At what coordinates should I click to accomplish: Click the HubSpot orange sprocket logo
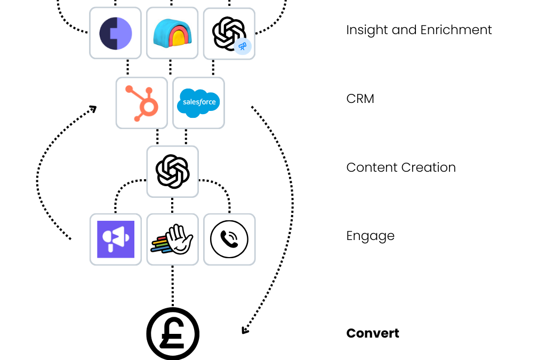pyautogui.click(x=141, y=103)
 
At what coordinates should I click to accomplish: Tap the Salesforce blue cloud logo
pyautogui.click(x=198, y=102)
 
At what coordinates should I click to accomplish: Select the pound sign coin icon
pyautogui.click(x=173, y=334)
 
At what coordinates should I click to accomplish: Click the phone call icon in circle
pyautogui.click(x=229, y=239)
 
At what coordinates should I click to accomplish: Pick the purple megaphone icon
pyautogui.click(x=116, y=239)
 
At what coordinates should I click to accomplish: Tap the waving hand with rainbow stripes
pyautogui.click(x=173, y=239)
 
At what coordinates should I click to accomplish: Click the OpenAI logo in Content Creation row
pyautogui.click(x=173, y=172)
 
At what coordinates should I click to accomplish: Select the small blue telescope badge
pyautogui.click(x=243, y=46)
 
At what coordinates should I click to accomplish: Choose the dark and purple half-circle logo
pyautogui.click(x=115, y=33)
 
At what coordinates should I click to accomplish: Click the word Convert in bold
pyautogui.click(x=372, y=333)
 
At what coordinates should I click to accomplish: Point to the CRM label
pyautogui.click(x=360, y=99)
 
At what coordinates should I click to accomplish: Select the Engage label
pyautogui.click(x=370, y=236)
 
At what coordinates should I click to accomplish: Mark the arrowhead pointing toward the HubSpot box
pyautogui.click(x=93, y=109)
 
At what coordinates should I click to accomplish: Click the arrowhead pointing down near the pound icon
pyautogui.click(x=245, y=330)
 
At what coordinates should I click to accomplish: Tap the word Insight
pyautogui.click(x=367, y=30)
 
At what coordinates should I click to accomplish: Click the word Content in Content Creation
pyautogui.click(x=372, y=167)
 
